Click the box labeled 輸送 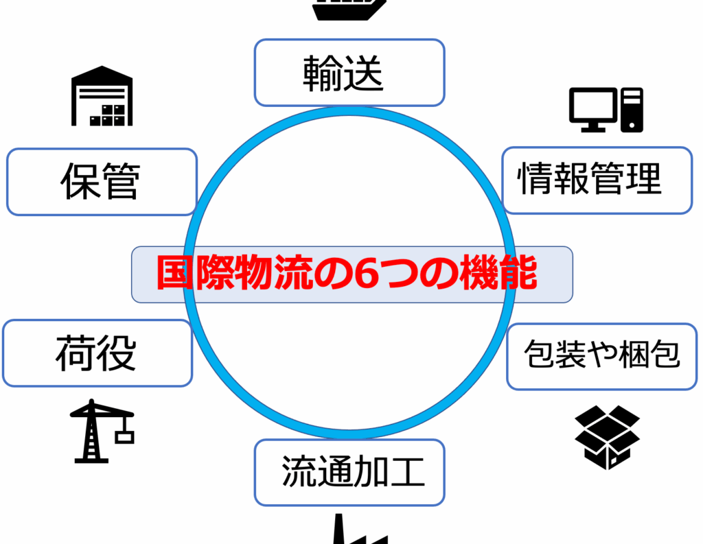(349, 73)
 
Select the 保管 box (102, 182)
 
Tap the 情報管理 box (597, 180)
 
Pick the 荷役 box (97, 353)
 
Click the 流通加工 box (349, 473)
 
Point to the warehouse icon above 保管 (102, 96)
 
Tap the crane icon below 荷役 (100, 431)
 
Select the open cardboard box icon (607, 436)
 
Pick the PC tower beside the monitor (632, 110)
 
